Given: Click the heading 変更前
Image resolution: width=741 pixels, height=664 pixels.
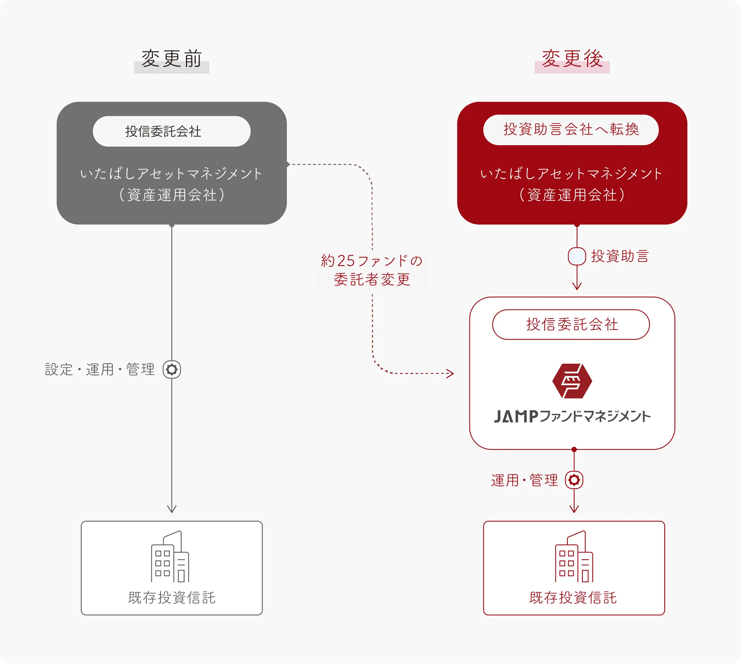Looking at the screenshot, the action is pyautogui.click(x=171, y=59).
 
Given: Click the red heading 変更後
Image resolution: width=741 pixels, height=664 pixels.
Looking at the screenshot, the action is pyautogui.click(x=572, y=59).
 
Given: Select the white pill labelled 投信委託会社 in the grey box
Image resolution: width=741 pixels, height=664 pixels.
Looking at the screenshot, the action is pyautogui.click(x=171, y=131).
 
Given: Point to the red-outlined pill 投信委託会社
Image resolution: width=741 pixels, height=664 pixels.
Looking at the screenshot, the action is pyautogui.click(x=571, y=324).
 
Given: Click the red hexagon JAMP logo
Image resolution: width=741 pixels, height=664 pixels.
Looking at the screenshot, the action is pyautogui.click(x=572, y=381).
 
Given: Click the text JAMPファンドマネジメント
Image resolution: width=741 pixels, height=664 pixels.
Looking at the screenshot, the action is pyautogui.click(x=572, y=416).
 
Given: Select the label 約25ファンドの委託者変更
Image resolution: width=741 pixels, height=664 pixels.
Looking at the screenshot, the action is pyautogui.click(x=372, y=270).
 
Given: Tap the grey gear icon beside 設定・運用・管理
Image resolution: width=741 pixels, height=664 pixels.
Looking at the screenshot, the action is pyautogui.click(x=171, y=370).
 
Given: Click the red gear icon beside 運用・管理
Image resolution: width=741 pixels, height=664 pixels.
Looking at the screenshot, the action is pyautogui.click(x=574, y=480).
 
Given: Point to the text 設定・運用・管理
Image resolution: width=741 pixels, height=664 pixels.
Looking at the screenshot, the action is pyautogui.click(x=100, y=370).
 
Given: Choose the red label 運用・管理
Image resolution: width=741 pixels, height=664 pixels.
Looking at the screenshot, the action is pyautogui.click(x=524, y=480).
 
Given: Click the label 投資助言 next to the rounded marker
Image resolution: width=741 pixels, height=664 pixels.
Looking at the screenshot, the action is pyautogui.click(x=620, y=256).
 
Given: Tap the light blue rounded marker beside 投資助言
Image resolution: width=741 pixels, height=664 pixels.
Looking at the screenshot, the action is pyautogui.click(x=577, y=256).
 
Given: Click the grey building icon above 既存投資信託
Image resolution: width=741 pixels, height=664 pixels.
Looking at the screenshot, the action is pyautogui.click(x=170, y=557).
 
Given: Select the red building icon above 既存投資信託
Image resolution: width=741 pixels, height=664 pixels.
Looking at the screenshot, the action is pyautogui.click(x=574, y=557).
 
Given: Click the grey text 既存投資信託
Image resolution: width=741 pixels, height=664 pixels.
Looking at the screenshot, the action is pyautogui.click(x=171, y=598).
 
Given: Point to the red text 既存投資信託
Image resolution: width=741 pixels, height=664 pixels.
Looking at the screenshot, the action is pyautogui.click(x=573, y=598).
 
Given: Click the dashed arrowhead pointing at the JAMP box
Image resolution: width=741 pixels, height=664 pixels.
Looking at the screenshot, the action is pyautogui.click(x=450, y=373).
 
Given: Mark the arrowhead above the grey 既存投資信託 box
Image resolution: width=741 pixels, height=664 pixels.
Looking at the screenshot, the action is pyautogui.click(x=171, y=509).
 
